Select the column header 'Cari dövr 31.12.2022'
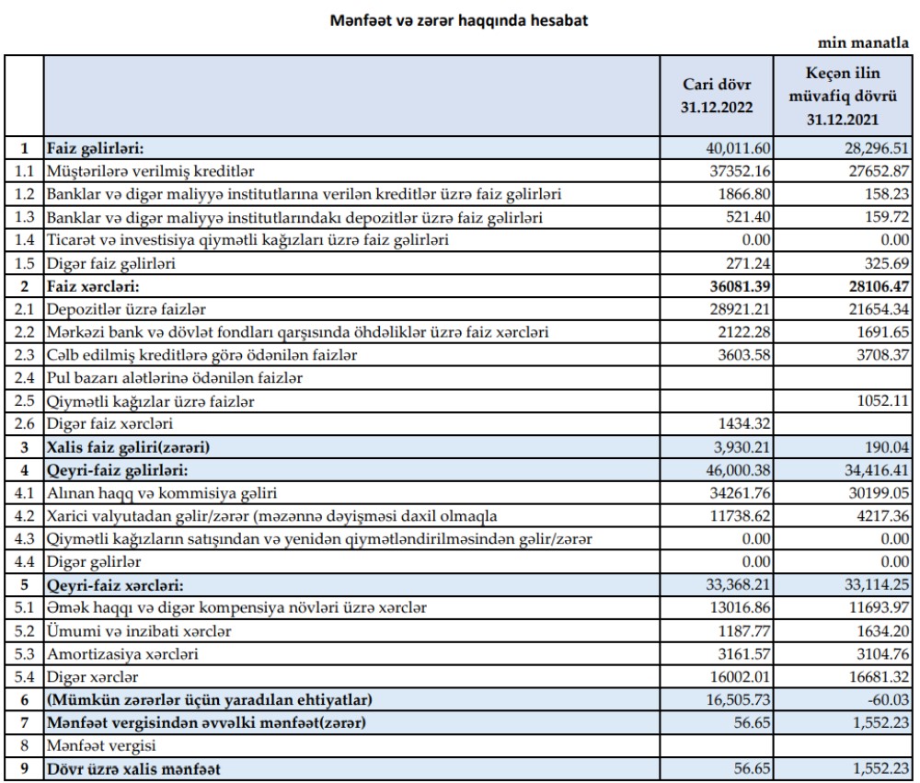(717, 96)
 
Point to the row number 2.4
(25, 377)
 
